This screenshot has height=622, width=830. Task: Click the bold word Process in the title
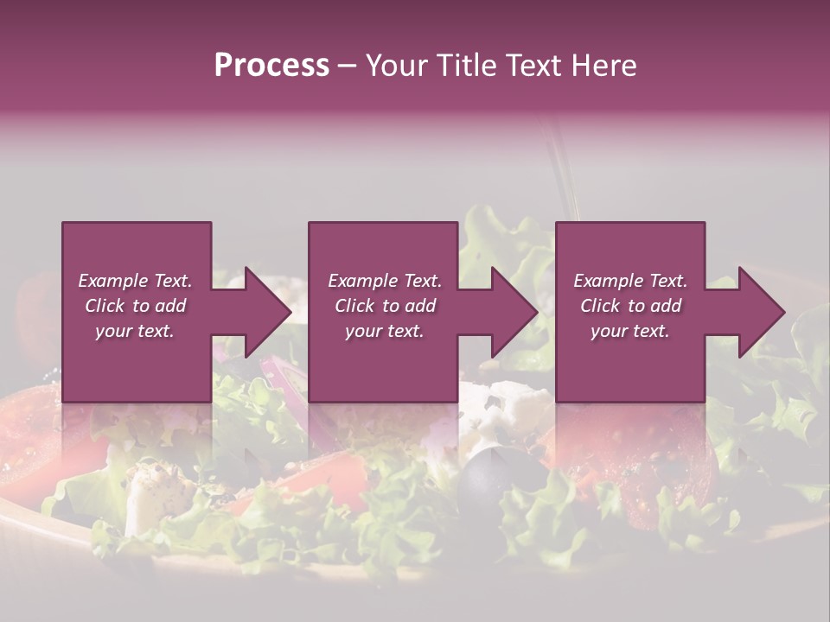[x=271, y=66]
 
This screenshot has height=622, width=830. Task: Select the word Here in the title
[x=603, y=66]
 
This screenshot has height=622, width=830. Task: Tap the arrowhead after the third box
[x=757, y=312]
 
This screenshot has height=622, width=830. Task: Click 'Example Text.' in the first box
[x=135, y=281]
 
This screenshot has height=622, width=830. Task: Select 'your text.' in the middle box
[x=384, y=331]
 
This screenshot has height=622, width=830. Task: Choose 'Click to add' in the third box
[x=630, y=306]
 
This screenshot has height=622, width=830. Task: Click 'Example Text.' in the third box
[x=630, y=281]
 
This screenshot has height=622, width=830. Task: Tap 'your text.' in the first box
[x=135, y=331]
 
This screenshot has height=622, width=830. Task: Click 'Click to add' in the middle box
[x=385, y=306]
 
